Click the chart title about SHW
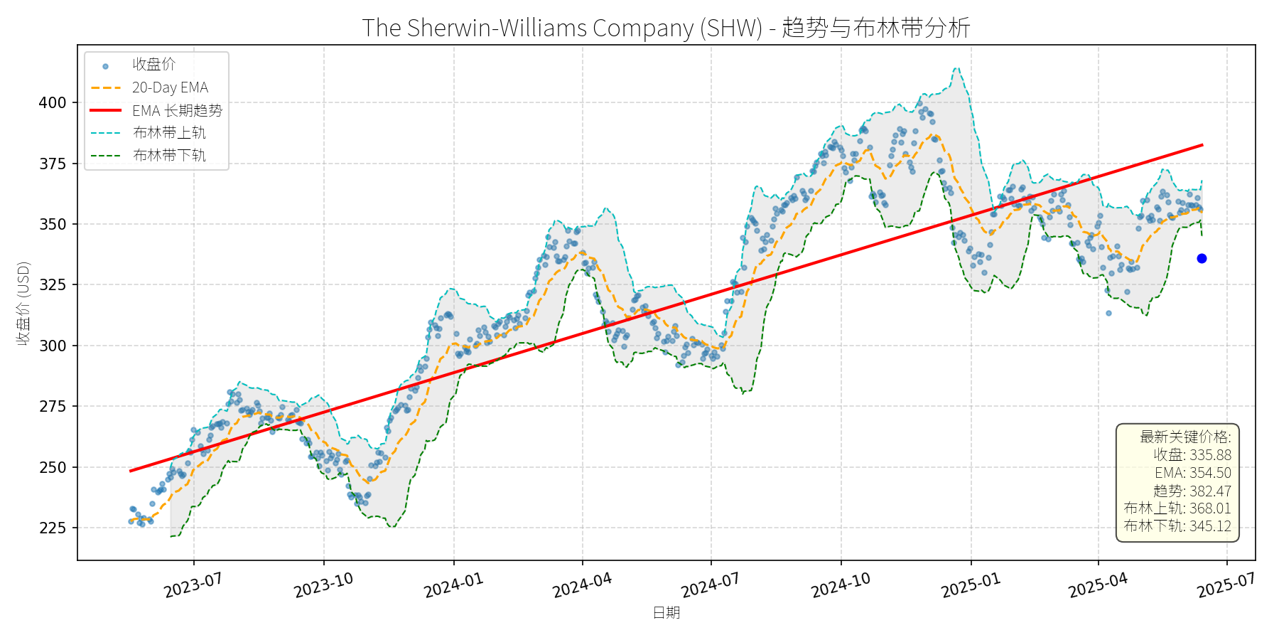point(666,28)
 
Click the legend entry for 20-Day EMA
point(170,87)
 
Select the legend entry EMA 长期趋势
point(177,110)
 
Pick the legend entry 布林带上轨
point(169,133)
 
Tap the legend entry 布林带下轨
point(169,155)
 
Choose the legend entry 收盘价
point(153,65)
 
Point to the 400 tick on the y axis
point(53,102)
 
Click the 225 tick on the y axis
point(53,528)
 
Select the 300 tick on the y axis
point(53,346)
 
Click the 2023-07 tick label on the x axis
point(193,585)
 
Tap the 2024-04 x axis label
point(582,585)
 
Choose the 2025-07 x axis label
point(1226,585)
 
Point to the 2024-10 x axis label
point(841,585)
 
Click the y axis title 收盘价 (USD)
point(23,304)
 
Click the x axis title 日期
point(666,612)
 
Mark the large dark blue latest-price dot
point(1202,259)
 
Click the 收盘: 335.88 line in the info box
point(1192,455)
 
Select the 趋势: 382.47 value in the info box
point(1192,491)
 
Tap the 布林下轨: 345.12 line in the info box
point(1177,526)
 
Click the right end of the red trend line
point(1202,145)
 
